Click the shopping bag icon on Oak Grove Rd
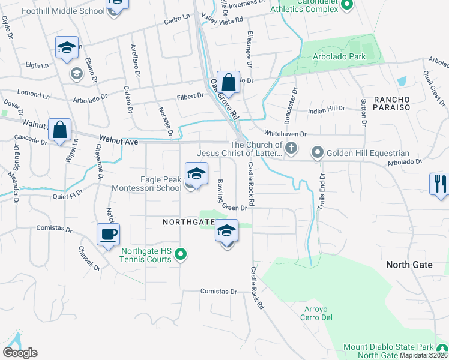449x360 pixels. point(228,82)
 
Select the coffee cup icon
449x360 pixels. point(109,235)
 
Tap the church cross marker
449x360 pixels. point(292,149)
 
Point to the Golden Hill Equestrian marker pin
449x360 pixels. point(318,153)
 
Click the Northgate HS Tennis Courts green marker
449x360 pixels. point(180,256)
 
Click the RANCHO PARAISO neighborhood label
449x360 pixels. point(392,103)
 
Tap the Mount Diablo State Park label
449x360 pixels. point(388,347)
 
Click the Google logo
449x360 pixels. point(20,353)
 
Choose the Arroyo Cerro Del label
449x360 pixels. point(315,313)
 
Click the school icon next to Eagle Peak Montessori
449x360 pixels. point(196,175)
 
